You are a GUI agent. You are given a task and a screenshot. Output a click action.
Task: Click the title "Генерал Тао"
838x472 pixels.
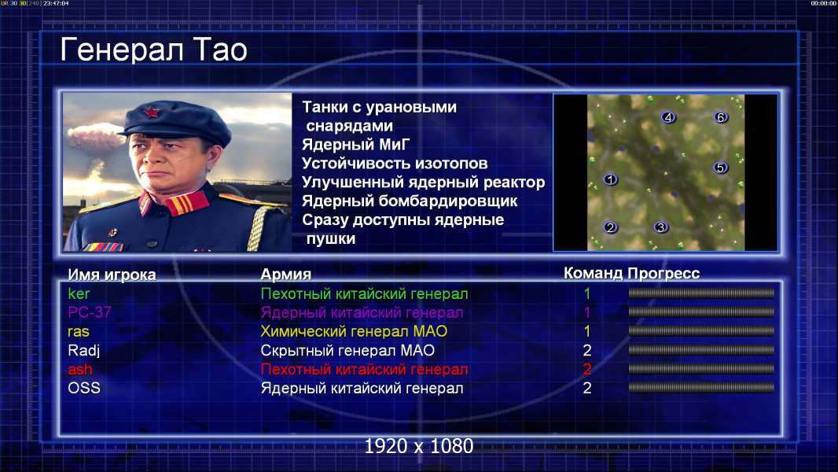click(x=153, y=50)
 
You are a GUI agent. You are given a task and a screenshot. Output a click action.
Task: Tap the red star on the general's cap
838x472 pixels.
click(x=151, y=112)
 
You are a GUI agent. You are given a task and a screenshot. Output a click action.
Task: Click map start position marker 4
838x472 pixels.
click(x=668, y=117)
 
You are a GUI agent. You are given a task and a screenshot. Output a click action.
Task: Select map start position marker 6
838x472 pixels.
click(x=720, y=117)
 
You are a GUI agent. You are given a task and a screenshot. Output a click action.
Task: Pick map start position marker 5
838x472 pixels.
click(x=720, y=168)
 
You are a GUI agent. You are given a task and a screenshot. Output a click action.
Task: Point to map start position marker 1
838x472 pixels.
click(x=610, y=179)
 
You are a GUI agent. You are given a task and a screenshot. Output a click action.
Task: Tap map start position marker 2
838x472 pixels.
click(x=610, y=227)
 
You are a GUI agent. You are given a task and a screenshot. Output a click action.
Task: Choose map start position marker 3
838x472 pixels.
click(x=661, y=227)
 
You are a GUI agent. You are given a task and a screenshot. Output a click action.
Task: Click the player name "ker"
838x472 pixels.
click(x=79, y=293)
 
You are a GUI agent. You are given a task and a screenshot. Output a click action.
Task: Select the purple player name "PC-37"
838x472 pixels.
click(x=90, y=312)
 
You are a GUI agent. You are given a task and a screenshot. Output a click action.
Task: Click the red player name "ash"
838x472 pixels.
click(x=79, y=369)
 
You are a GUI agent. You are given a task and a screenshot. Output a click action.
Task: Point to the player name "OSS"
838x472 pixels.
click(x=84, y=388)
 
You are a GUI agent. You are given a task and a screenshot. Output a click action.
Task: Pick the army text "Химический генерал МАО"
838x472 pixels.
click(x=354, y=331)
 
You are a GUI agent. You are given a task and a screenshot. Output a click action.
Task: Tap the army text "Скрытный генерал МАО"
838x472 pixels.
click(x=347, y=350)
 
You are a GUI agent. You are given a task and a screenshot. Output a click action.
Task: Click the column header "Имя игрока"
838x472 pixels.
click(x=112, y=275)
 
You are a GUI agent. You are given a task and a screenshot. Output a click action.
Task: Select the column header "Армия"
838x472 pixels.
click(x=286, y=275)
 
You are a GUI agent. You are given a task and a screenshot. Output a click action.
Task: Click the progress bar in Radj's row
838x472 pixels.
click(x=701, y=350)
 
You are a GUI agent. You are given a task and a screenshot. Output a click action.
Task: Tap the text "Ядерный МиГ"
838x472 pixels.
click(x=356, y=145)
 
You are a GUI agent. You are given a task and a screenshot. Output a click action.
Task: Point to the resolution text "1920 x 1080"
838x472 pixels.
click(x=419, y=446)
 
